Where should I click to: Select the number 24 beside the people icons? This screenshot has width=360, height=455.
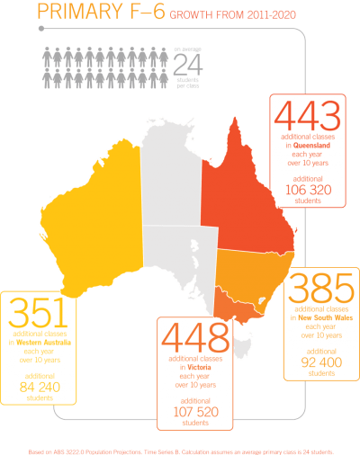[188, 63]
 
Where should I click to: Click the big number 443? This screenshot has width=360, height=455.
[308, 116]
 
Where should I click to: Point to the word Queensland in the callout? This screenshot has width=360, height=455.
[315, 146]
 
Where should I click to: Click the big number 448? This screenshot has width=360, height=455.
[195, 338]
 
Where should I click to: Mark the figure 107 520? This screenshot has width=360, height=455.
[194, 412]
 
